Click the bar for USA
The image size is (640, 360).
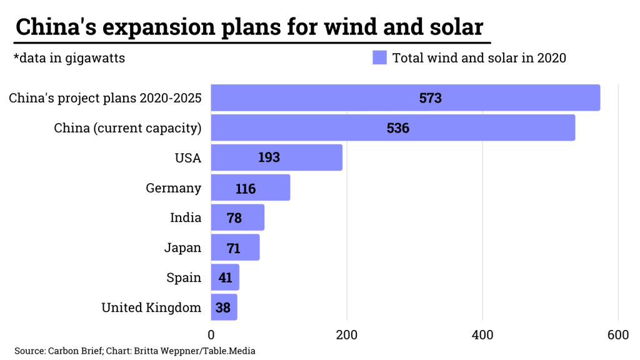point(277,157)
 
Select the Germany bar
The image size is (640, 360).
point(251,187)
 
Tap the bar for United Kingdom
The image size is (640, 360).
point(224,307)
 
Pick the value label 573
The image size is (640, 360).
point(431,98)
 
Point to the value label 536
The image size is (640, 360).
point(398,128)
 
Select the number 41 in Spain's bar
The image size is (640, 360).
point(226,277)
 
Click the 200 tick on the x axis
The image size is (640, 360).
point(347,335)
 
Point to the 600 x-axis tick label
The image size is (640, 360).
point(618,335)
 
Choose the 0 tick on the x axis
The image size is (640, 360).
point(211,335)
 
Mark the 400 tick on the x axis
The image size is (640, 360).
point(482,335)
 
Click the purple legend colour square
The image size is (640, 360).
point(379,58)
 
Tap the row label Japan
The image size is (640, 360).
point(182,247)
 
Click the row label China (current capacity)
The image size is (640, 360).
point(127,128)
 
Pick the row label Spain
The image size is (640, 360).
point(184,277)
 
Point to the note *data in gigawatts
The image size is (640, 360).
point(69,58)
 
